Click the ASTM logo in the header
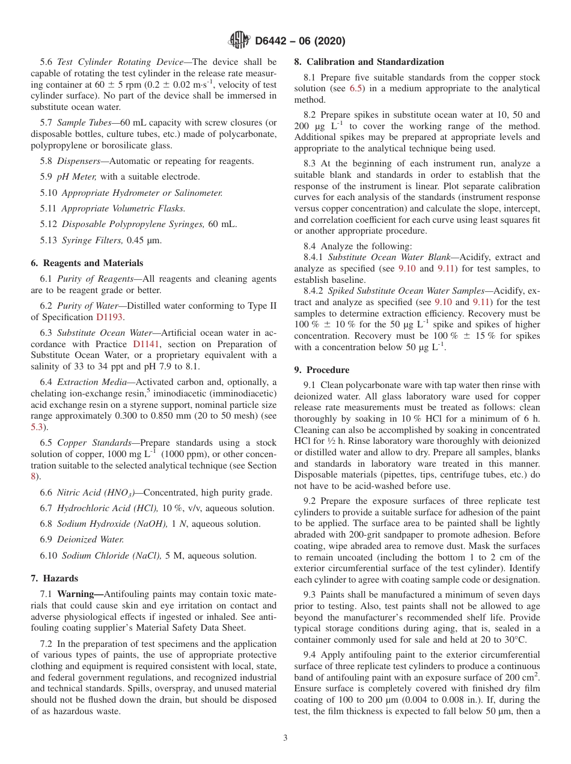tap(240, 41)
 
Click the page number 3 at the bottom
tap(285, 738)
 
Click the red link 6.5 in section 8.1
tap(348, 89)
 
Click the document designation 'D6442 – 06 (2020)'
tap(300, 41)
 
